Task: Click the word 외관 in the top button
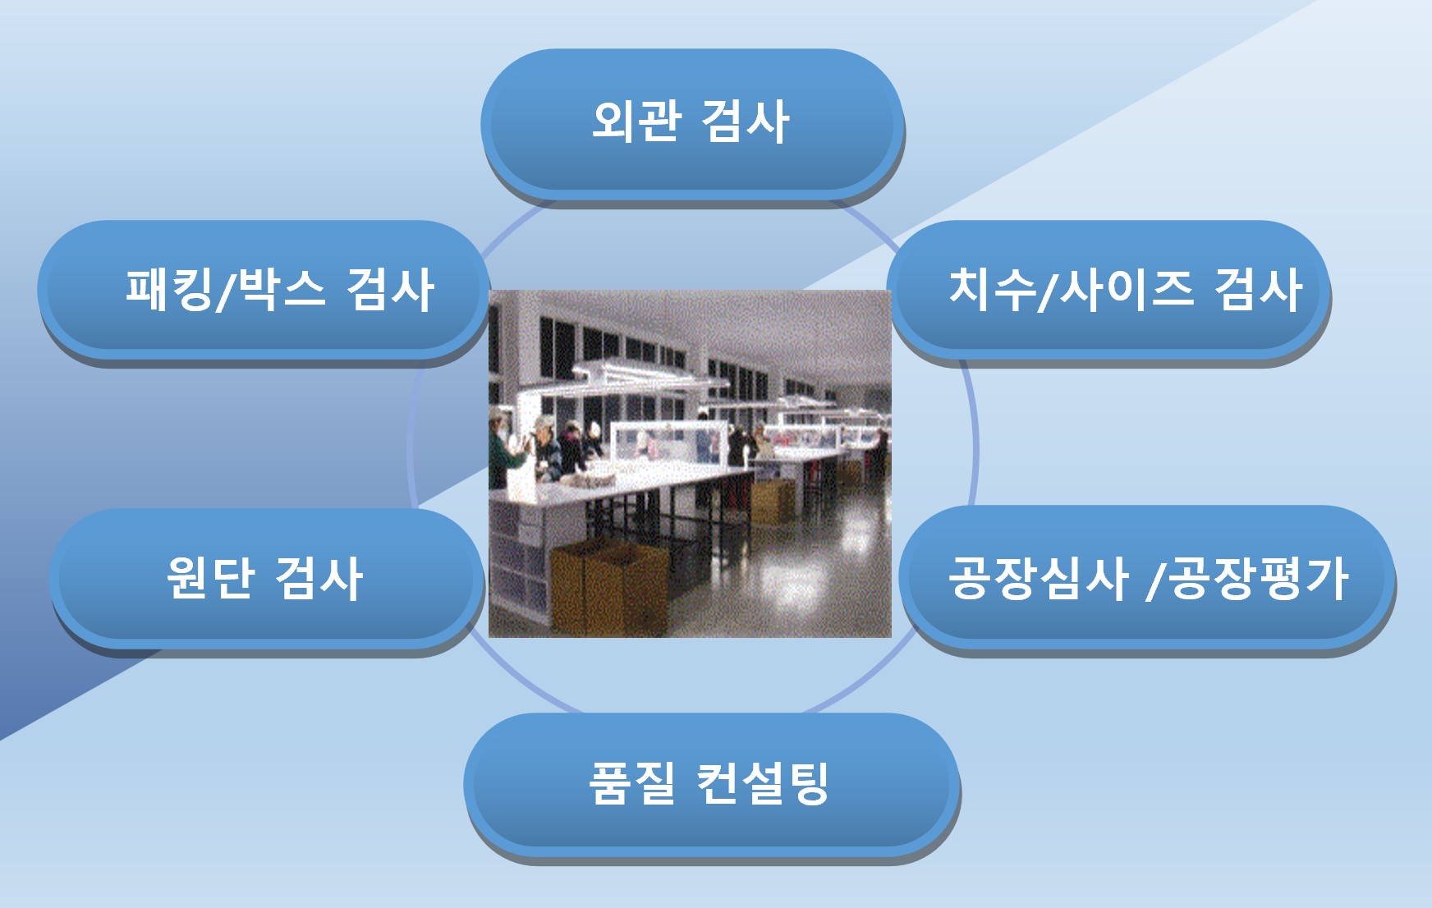tap(636, 122)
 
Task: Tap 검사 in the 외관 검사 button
tap(746, 122)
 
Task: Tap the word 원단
tap(210, 577)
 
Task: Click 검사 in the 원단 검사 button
tap(319, 577)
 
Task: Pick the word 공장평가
tap(1259, 577)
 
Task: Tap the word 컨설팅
tap(763, 782)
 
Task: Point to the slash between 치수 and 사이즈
tap(1048, 291)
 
